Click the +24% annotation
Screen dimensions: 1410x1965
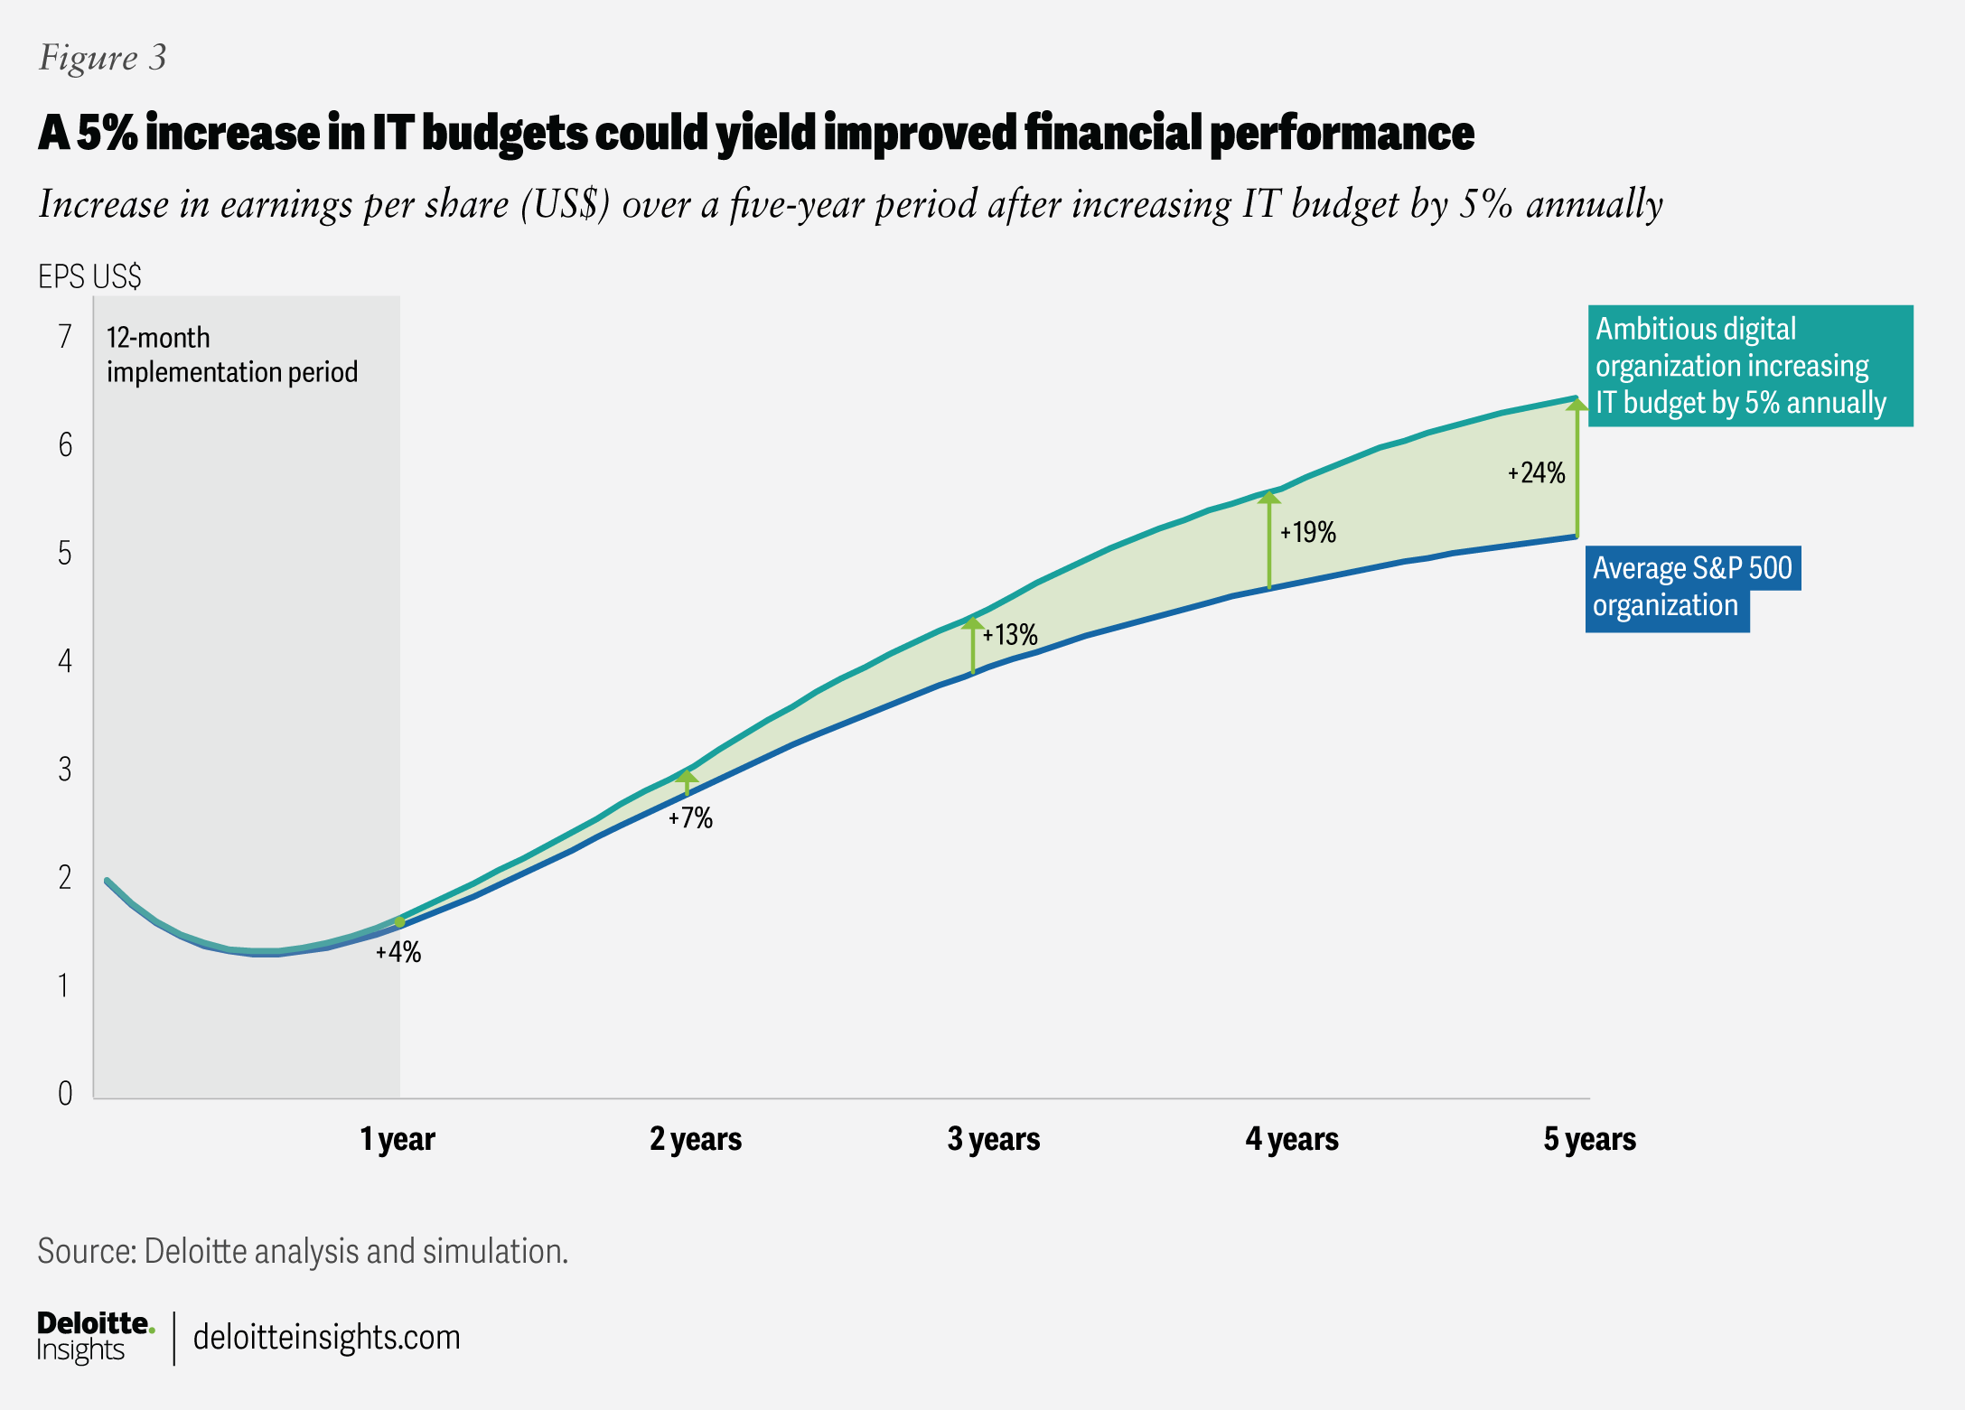click(1536, 473)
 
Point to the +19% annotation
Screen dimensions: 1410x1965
click(1307, 533)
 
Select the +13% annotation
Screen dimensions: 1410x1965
click(1010, 635)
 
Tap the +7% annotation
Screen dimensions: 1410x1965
click(690, 818)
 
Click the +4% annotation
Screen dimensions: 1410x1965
click(398, 952)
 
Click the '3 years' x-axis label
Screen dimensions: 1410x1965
click(993, 1139)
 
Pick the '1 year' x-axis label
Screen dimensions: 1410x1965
click(398, 1139)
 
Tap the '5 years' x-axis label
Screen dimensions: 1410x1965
click(1589, 1139)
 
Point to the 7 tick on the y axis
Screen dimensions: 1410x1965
click(65, 337)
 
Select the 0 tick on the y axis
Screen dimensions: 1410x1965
click(65, 1094)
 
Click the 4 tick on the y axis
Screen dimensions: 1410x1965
click(65, 661)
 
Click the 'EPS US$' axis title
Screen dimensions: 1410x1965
click(89, 276)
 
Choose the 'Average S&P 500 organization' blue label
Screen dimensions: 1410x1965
click(1691, 587)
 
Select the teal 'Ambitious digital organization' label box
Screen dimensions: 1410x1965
click(1749, 366)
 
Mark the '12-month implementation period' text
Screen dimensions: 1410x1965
click(231, 355)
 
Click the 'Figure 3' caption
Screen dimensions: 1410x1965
click(102, 58)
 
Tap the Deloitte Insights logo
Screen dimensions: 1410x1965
click(95, 1337)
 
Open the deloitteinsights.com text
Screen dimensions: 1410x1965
click(326, 1337)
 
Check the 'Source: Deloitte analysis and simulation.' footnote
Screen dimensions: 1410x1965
click(303, 1251)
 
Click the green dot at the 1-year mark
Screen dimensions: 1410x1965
click(400, 922)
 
